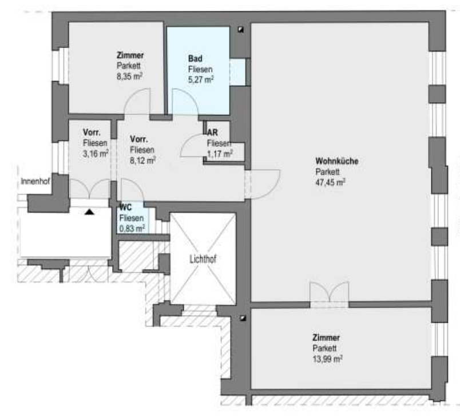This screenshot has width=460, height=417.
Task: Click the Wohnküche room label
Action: point(337,161)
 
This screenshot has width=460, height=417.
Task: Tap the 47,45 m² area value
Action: point(330,182)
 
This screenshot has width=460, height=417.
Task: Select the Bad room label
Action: point(195,59)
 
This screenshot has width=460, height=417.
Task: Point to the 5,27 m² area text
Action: point(201,79)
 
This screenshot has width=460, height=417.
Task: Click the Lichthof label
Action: point(203,259)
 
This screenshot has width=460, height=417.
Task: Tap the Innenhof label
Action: point(35,182)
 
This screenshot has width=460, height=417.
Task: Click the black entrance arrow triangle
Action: point(89,212)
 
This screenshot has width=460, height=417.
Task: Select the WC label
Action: point(125,207)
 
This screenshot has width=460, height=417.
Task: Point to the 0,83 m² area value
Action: point(132,228)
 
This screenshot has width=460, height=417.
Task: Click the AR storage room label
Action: point(212,133)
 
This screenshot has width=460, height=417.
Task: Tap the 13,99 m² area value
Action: point(328,359)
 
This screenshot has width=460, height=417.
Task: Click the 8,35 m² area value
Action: point(130,77)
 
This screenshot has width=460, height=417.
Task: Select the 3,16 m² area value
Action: point(96,154)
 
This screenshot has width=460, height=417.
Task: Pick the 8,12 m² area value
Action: point(143,160)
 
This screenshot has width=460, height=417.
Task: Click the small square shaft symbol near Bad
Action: point(240,30)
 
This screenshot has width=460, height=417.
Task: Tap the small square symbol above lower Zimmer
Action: point(243,318)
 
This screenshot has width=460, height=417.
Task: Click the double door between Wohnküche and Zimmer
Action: point(330,294)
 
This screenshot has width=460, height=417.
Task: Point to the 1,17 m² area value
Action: point(220,154)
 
